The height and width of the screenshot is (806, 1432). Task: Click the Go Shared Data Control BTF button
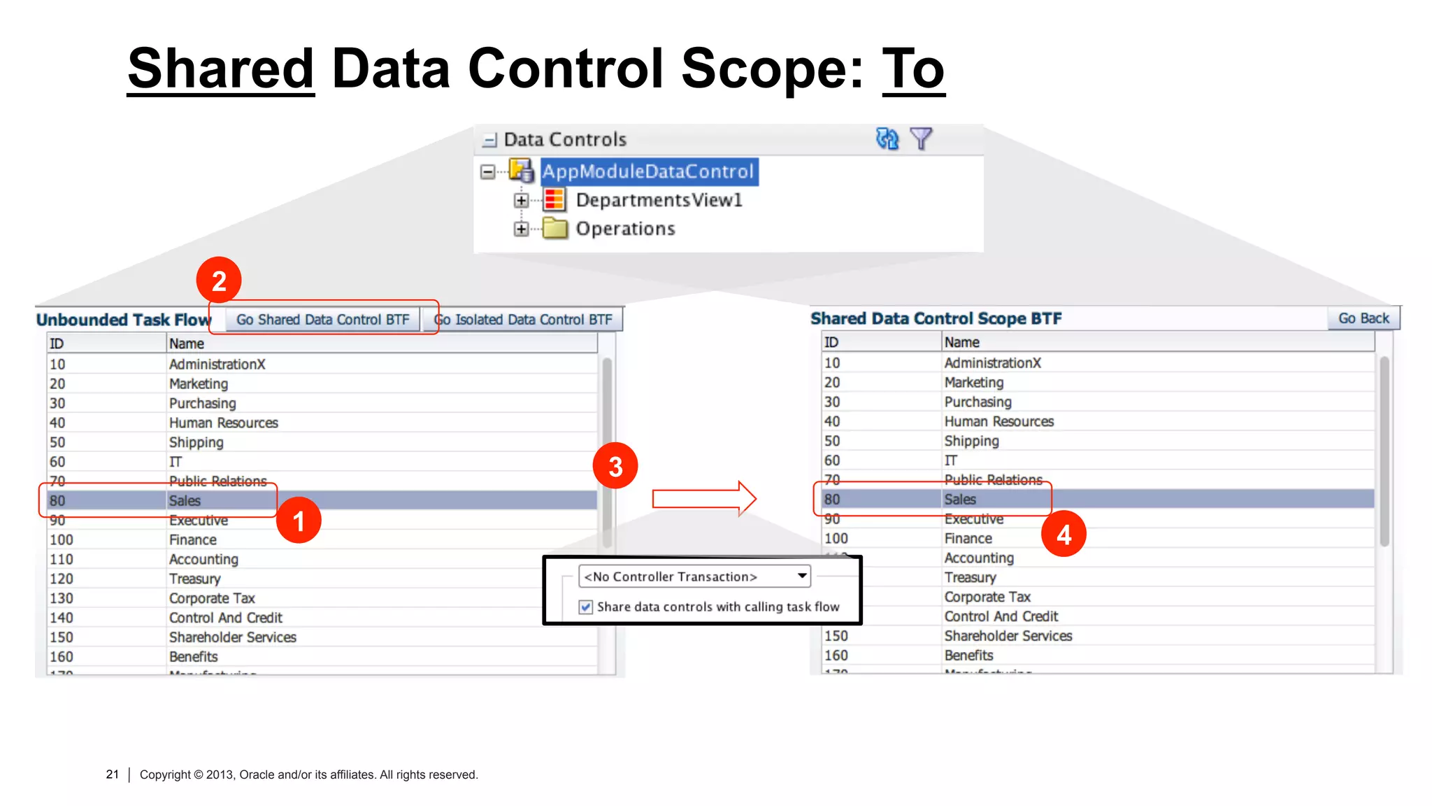point(322,320)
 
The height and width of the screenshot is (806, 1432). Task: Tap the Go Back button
point(1363,318)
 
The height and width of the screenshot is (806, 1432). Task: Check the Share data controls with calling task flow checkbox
point(586,607)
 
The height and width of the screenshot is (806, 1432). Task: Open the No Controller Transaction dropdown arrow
point(802,576)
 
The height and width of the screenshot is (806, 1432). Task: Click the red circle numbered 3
point(615,466)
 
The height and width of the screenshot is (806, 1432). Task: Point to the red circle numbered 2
point(219,281)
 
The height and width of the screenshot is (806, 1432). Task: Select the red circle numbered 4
point(1064,535)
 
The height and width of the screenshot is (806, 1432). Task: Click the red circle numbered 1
point(299,521)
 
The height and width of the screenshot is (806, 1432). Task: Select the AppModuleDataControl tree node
point(648,171)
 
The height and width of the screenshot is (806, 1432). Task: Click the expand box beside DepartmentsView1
point(521,201)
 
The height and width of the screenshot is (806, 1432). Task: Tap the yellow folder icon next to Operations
point(555,229)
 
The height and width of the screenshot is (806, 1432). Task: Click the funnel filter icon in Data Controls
point(921,139)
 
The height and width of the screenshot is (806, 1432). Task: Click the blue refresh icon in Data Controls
point(887,139)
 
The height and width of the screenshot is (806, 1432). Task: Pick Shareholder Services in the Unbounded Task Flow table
point(232,637)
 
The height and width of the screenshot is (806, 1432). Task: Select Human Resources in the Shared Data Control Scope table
point(998,421)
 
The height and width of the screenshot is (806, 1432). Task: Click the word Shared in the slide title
point(221,69)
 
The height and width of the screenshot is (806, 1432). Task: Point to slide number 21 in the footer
point(112,774)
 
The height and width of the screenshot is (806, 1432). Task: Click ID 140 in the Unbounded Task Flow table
point(62,618)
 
